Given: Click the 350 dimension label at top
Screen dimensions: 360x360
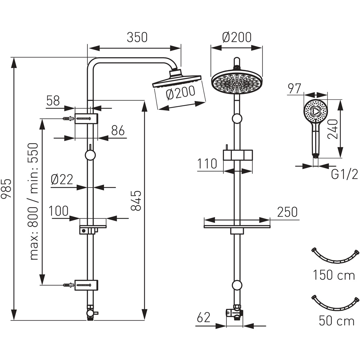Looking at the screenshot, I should pyautogui.click(x=137, y=37).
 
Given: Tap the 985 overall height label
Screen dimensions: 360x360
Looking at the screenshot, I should pyautogui.click(x=6, y=188).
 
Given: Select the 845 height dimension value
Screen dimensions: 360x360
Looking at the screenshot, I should pyautogui.click(x=136, y=201).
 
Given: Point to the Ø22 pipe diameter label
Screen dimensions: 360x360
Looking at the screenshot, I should pyautogui.click(x=62, y=179).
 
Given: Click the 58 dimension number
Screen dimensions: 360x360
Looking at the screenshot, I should pyautogui.click(x=53, y=101).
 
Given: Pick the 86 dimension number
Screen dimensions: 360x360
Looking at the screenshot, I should pyautogui.click(x=118, y=131).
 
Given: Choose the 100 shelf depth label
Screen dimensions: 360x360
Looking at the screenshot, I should pyautogui.click(x=59, y=211).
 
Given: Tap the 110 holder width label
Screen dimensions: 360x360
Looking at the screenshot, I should pyautogui.click(x=207, y=164).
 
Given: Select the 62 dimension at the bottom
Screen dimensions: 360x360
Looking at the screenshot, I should pyautogui.click(x=204, y=318).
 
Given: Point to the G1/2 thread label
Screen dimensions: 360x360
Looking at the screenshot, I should pyautogui.click(x=345, y=175).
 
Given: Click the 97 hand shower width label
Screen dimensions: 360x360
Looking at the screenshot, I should pyautogui.click(x=294, y=89).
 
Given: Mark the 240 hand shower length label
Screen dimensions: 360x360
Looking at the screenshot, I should pyautogui.click(x=333, y=129).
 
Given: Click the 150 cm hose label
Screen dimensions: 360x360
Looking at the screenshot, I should pyautogui.click(x=334, y=275).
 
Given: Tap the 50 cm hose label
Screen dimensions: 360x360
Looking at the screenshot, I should pyautogui.click(x=337, y=320).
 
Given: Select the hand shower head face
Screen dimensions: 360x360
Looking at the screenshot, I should pyautogui.click(x=315, y=112).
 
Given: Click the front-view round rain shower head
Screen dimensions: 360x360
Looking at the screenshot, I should pyautogui.click(x=237, y=82).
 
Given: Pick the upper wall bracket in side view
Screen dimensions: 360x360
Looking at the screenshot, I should pyautogui.click(x=86, y=118).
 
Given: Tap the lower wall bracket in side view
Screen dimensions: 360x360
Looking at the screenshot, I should pyautogui.click(x=86, y=285).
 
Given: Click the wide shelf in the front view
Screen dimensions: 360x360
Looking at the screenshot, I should pyautogui.click(x=237, y=226).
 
